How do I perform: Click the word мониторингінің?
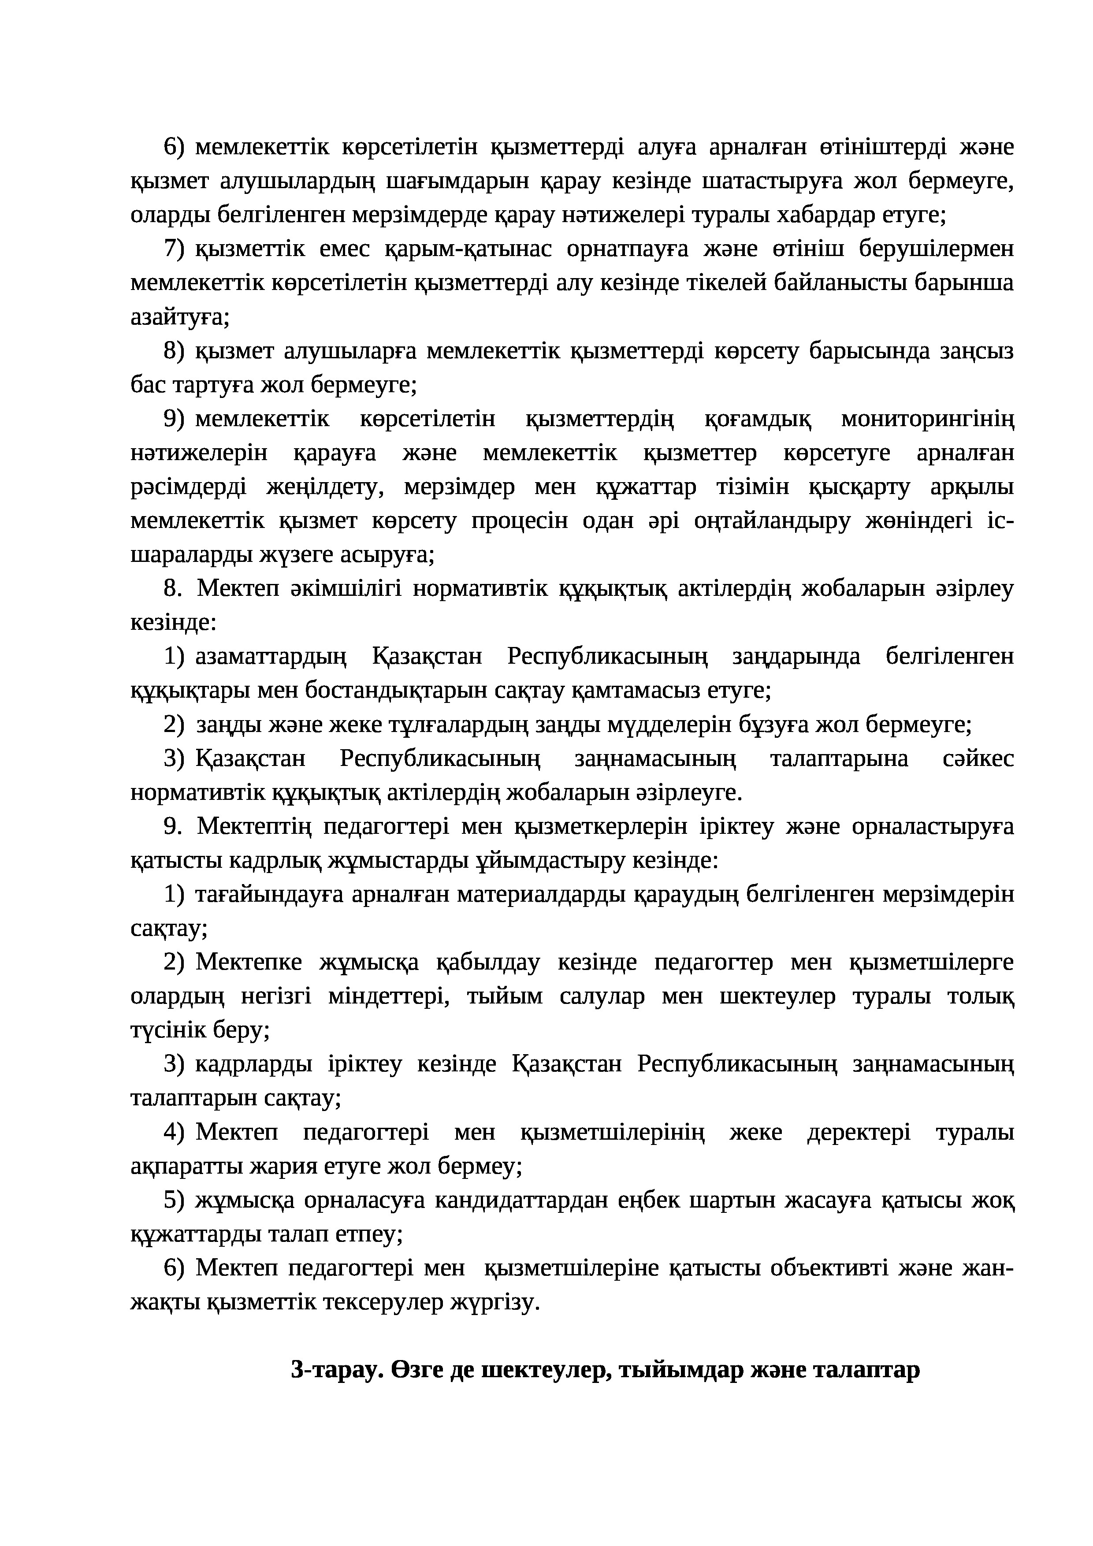927,419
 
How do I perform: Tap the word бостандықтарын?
394,690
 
